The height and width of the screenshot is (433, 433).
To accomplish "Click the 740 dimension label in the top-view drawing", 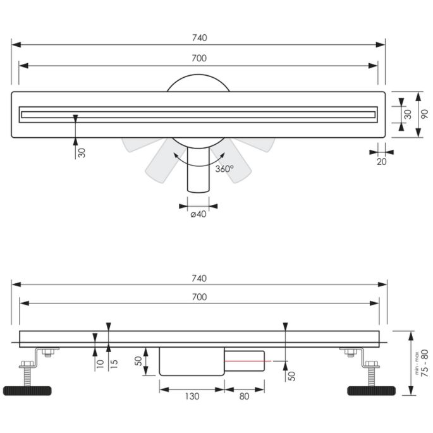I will click(199, 38).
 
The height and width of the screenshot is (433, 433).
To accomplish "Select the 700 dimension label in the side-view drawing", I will click(199, 297).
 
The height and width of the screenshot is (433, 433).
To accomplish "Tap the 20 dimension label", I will click(381, 162).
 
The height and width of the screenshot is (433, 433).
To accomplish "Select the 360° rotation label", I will click(224, 169).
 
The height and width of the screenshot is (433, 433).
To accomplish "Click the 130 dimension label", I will click(192, 397).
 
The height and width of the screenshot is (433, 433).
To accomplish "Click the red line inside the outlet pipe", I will click(246, 360).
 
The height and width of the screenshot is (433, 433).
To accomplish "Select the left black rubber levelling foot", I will click(25, 390).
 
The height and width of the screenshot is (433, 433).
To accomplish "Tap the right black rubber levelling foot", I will click(371, 390).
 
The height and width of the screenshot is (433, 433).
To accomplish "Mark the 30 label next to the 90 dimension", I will click(408, 114).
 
